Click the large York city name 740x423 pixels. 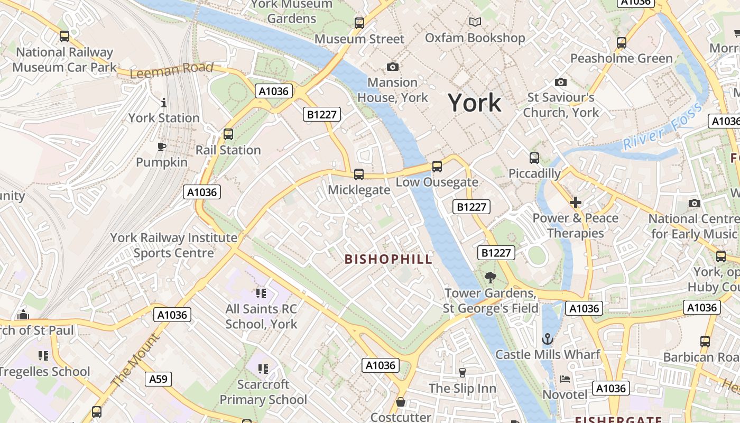[475, 103]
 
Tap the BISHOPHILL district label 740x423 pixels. [388, 259]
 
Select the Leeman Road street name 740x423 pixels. [171, 70]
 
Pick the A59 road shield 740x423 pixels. [158, 379]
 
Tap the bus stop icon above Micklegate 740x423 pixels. [359, 174]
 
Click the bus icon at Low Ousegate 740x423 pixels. [437, 167]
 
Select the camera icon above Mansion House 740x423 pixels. [392, 67]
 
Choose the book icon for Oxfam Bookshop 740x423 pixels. [475, 22]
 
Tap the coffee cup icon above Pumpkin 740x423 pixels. [162, 146]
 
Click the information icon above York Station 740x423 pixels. [164, 102]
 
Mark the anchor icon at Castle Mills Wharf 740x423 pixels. [548, 339]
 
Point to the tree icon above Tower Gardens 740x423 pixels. [491, 277]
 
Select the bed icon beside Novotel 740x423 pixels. [565, 379]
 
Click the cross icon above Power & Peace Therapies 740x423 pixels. [576, 203]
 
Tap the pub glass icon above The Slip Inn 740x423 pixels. [462, 373]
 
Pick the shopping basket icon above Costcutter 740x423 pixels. [401, 402]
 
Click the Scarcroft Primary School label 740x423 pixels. [263, 392]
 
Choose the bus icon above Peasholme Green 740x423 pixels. [622, 43]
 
